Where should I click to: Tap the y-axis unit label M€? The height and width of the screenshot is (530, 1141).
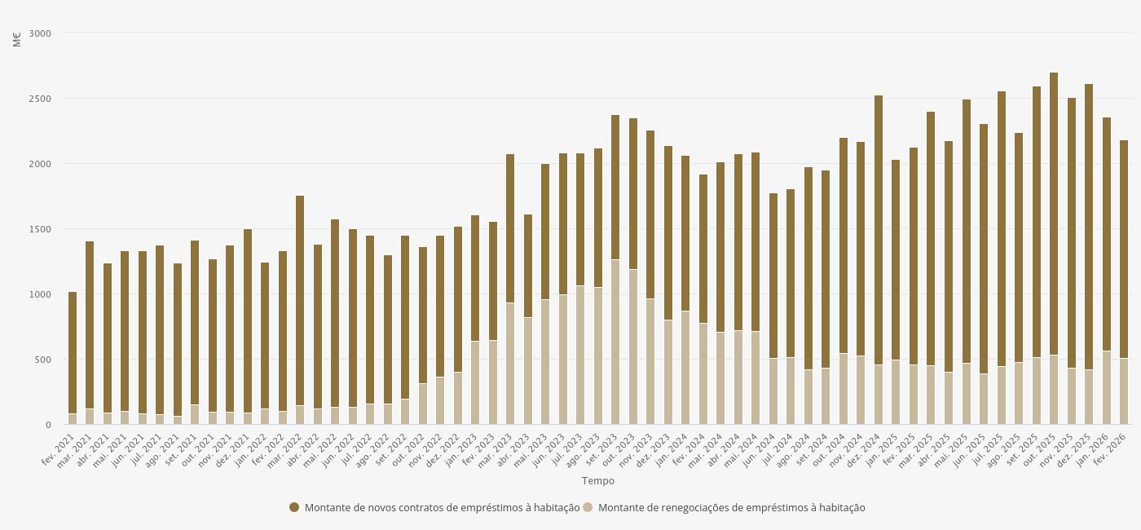coord(17,38)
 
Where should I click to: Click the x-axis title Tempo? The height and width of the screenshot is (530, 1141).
coord(597,481)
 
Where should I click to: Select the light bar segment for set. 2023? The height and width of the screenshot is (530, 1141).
coord(615,342)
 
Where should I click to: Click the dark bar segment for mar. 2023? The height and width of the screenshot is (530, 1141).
coord(510,228)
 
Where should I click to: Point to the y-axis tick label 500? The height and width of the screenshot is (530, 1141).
coord(43,360)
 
